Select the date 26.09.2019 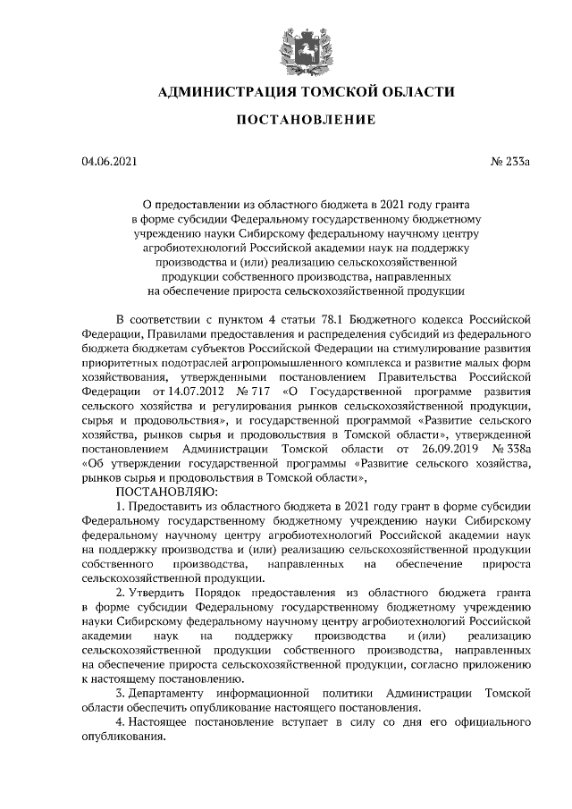446,449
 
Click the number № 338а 512,449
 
